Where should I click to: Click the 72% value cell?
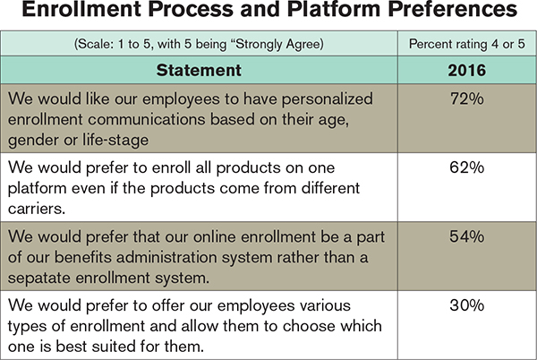(x=467, y=99)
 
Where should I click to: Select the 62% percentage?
(x=467, y=167)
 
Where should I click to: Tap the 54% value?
(x=467, y=236)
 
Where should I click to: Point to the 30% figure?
(x=467, y=305)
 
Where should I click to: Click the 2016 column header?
(x=467, y=70)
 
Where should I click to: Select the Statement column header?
(x=199, y=70)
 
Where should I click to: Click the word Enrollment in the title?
(x=81, y=9)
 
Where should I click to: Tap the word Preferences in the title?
(x=453, y=9)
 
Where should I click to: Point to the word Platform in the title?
(x=334, y=9)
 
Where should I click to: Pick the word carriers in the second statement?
(x=37, y=209)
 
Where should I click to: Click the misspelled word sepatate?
(x=38, y=279)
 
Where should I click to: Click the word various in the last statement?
(x=326, y=305)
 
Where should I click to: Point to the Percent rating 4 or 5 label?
(x=467, y=44)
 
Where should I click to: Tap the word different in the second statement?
(x=331, y=188)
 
